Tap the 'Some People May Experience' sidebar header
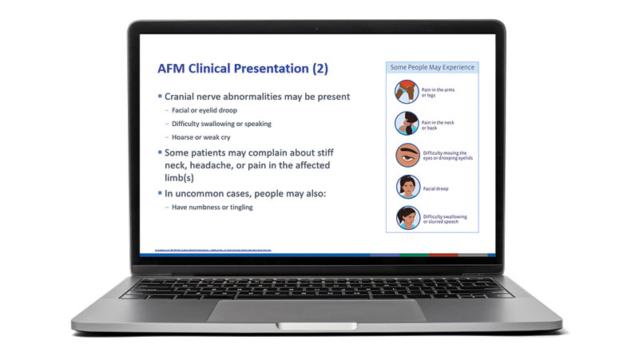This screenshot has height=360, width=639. [432, 68]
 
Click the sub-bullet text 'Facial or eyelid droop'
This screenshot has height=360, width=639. [204, 110]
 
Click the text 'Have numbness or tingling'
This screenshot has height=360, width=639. [212, 208]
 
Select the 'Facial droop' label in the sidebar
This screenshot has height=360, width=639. [439, 188]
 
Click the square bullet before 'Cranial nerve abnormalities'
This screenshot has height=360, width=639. [159, 97]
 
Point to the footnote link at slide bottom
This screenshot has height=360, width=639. [207, 251]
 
